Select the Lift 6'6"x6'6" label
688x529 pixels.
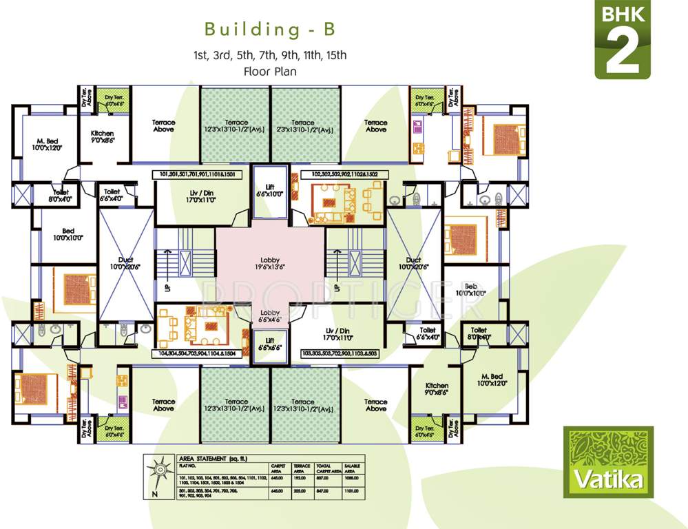coord(269,344)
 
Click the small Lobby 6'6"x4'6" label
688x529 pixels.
coord(269,315)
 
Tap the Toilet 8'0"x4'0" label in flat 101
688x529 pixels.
coord(55,196)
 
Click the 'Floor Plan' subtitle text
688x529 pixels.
coord(269,70)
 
